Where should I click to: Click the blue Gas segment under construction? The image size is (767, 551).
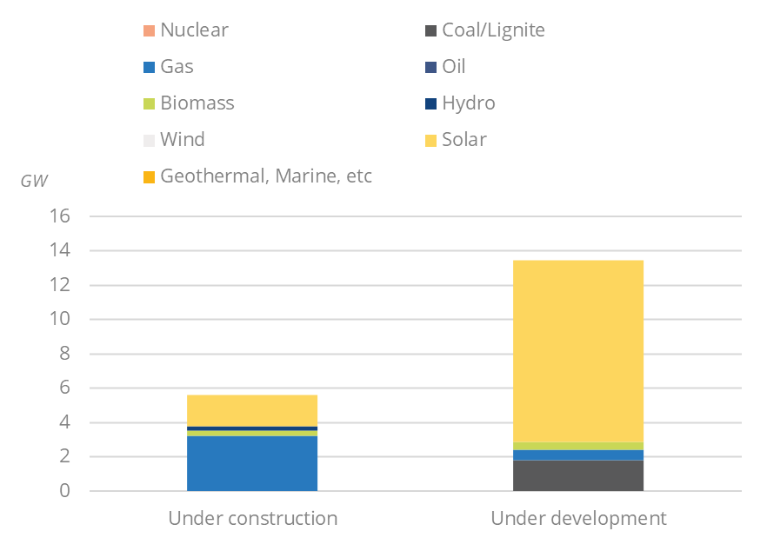252,463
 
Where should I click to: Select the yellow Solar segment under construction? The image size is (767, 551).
252,410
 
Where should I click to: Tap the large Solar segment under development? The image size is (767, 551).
578,350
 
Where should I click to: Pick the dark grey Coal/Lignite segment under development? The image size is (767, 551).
578,475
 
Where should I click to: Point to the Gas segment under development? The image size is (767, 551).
578,455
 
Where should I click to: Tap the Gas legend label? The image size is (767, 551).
177,67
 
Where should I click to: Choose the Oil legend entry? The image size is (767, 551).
453,67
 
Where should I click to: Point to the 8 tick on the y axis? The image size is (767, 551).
63,354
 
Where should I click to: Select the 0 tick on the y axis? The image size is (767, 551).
63,492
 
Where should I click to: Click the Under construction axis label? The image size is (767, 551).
252,520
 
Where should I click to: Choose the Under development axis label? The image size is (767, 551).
578,520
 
